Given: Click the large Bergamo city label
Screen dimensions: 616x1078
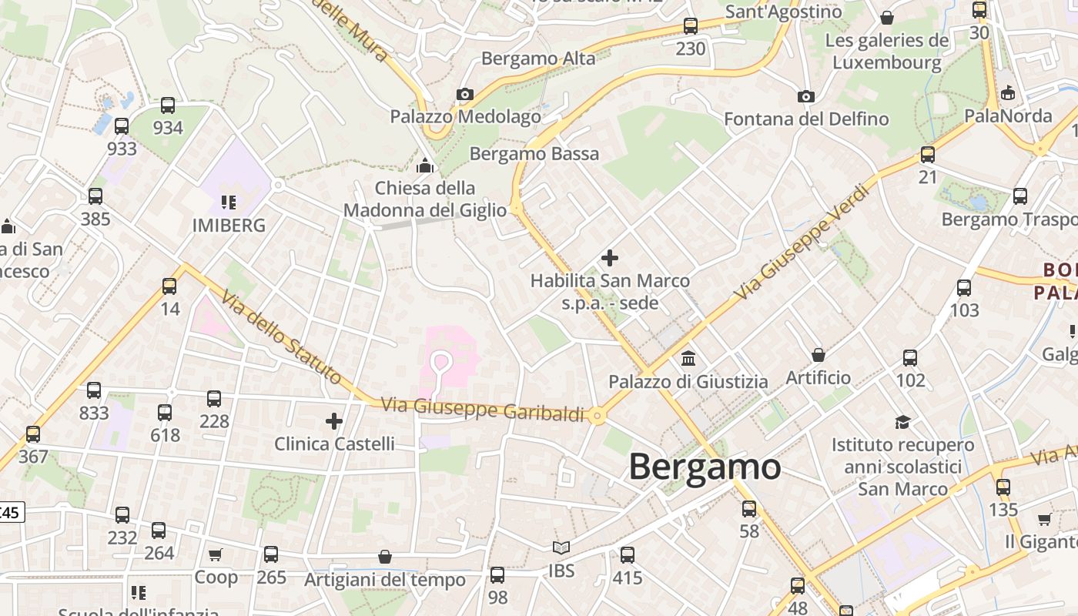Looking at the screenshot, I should [705, 467].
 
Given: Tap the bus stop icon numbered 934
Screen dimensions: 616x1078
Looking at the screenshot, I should [167, 105].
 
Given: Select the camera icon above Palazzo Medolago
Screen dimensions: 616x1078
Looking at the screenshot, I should [464, 95].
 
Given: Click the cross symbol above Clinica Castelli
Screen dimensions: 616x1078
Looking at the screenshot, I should [333, 421].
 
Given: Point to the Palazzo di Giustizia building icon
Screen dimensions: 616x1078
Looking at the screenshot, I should [688, 359].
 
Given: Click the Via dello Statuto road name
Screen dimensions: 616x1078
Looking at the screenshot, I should [280, 337].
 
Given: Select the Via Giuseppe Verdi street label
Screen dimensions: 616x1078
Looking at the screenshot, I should [805, 243].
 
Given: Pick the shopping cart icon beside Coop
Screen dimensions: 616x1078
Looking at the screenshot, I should [216, 554].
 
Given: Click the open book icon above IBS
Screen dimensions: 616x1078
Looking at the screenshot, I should [561, 547].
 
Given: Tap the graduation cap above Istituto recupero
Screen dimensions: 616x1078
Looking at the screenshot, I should [902, 422].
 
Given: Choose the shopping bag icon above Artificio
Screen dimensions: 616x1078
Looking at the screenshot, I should [818, 355].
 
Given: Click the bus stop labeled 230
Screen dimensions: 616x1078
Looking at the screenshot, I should [691, 26].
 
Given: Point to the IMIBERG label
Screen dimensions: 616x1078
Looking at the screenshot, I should [229, 225].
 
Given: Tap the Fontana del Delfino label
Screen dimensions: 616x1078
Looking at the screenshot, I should [806, 119].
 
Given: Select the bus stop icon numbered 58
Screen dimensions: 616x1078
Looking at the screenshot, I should [748, 509].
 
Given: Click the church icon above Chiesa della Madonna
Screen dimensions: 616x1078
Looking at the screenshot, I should [424, 165].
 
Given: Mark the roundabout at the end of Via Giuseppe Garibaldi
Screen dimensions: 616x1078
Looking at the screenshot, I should [597, 416].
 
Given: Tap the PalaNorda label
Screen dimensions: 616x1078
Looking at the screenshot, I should [1008, 115].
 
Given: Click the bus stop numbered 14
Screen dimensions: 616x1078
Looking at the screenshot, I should [169, 286].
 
